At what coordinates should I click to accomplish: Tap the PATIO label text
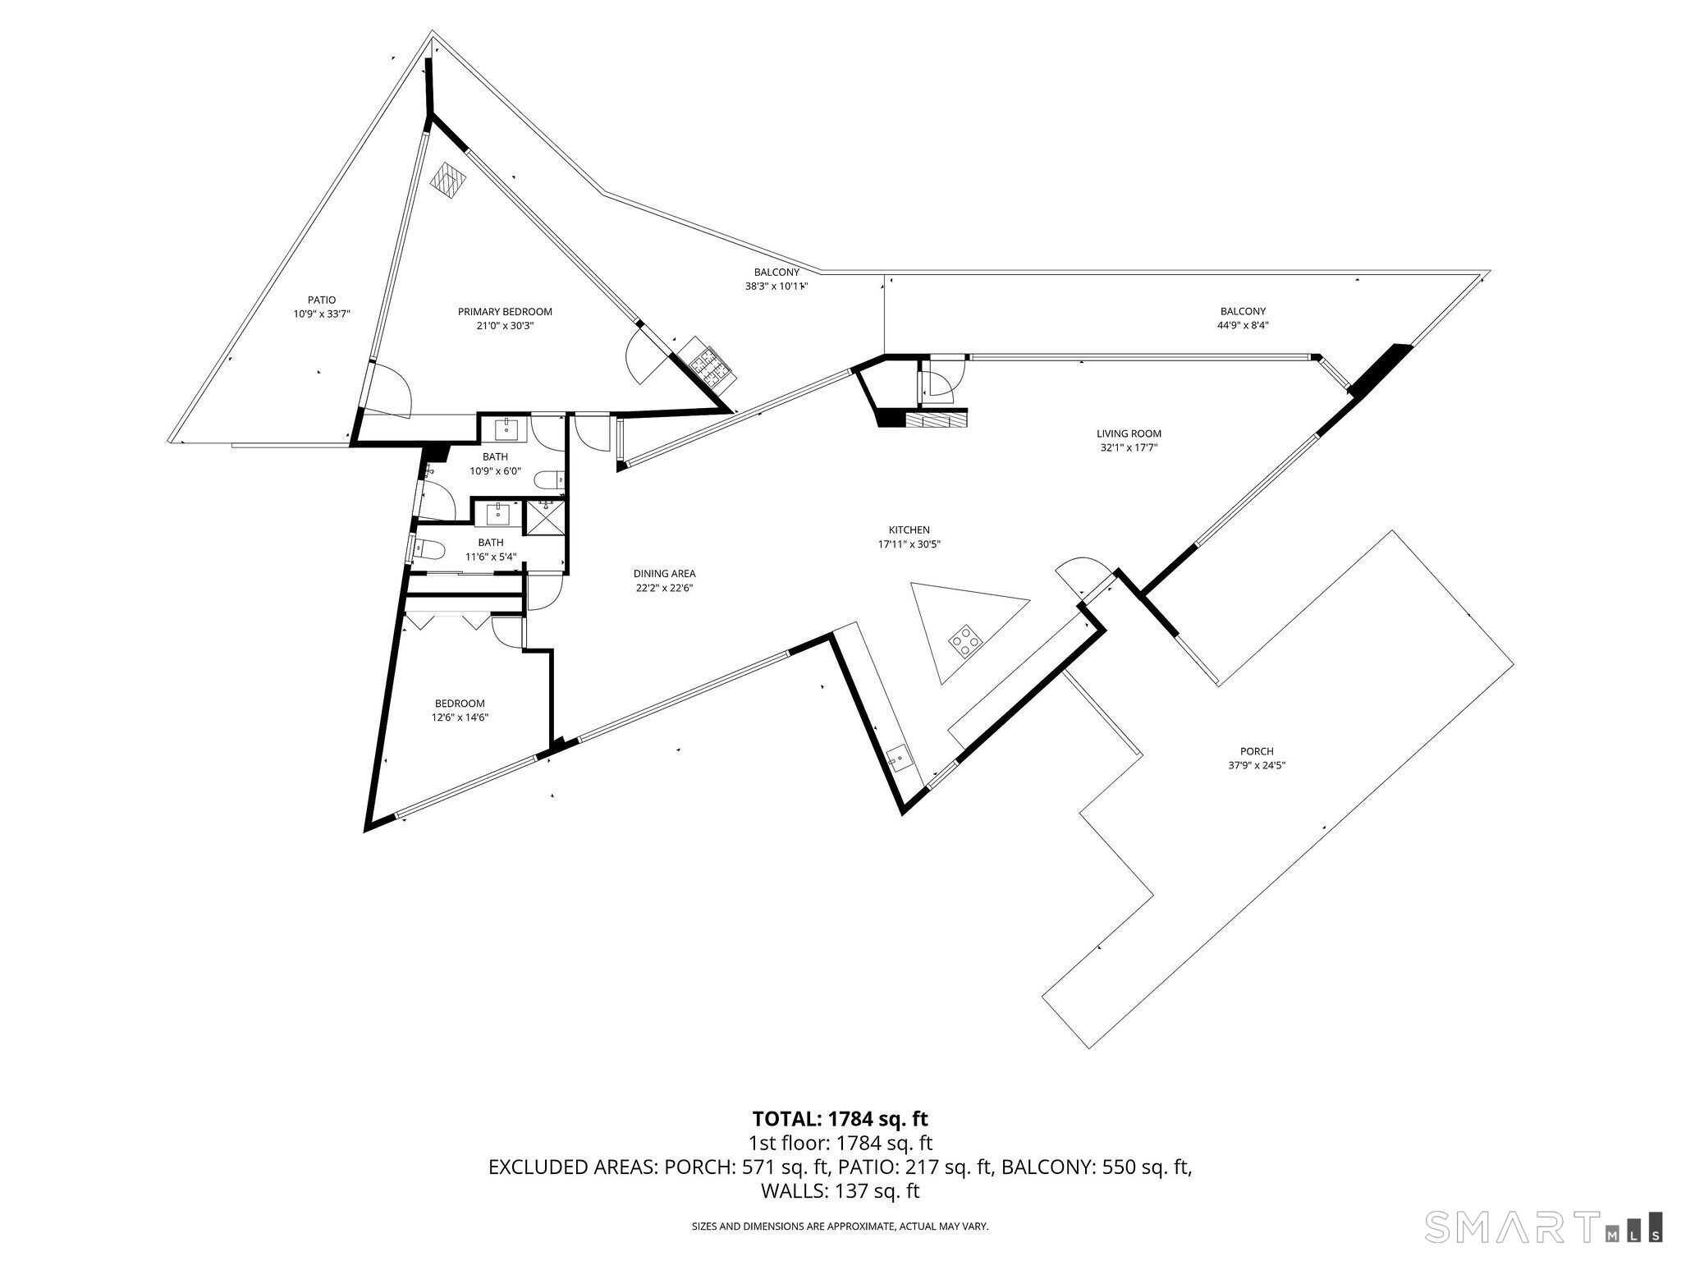point(322,300)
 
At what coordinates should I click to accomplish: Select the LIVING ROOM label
point(1129,434)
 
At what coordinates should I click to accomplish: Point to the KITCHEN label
point(909,530)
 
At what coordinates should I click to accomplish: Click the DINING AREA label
point(664,574)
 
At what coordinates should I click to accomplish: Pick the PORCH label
point(1257,751)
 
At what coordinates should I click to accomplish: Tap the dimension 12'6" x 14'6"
point(460,718)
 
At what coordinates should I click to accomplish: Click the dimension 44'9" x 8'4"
point(1243,325)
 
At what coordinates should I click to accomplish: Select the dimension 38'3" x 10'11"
point(776,287)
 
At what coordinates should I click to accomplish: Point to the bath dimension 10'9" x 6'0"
point(495,471)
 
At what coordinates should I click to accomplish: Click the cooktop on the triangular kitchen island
point(965,640)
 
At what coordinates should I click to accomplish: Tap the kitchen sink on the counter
point(898,755)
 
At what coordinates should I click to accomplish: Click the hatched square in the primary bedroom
point(449,178)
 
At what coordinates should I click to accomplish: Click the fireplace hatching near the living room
point(937,420)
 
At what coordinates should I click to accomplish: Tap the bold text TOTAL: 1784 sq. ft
point(840,1118)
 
